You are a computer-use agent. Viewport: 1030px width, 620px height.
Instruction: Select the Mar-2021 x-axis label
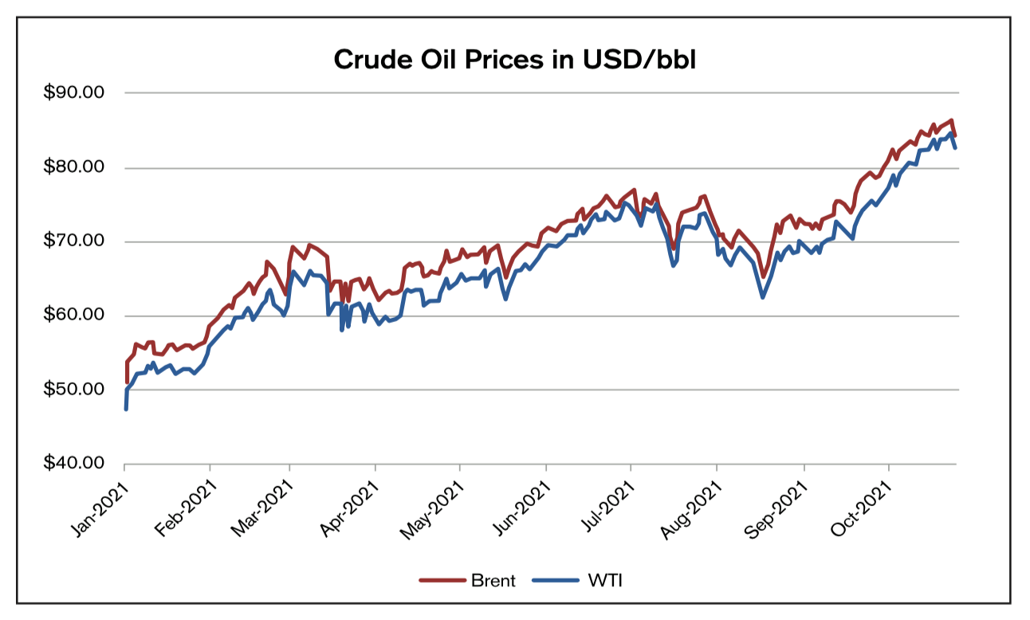pyautogui.click(x=266, y=502)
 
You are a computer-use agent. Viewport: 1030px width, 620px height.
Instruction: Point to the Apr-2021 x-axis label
pyautogui.click(x=353, y=502)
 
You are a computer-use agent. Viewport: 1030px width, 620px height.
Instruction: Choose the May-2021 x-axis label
pyautogui.click(x=436, y=503)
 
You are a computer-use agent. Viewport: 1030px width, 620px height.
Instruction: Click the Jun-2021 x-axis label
pyautogui.click(x=523, y=502)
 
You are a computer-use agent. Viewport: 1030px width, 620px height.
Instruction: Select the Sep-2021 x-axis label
pyautogui.click(x=779, y=502)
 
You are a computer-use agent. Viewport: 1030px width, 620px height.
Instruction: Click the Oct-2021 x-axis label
pyautogui.click(x=865, y=501)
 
